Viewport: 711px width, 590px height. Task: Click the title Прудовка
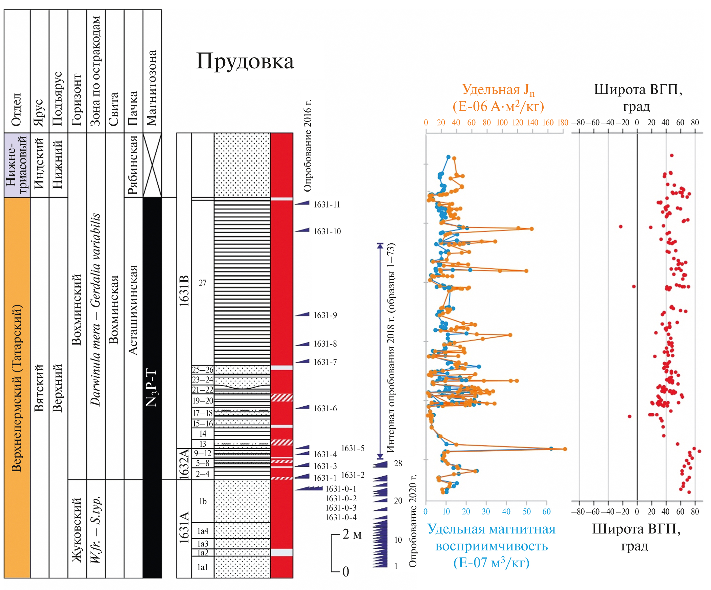point(245,61)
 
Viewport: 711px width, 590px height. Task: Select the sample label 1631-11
point(327,204)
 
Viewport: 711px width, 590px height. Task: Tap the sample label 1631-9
point(325,315)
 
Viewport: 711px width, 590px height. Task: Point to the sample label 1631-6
point(325,409)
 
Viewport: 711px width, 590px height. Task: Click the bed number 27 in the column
point(203,283)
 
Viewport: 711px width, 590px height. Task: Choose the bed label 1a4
point(203,531)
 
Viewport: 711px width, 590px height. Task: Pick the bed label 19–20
point(203,401)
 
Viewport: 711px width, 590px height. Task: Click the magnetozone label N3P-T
point(152,387)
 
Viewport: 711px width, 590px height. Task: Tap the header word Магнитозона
point(152,88)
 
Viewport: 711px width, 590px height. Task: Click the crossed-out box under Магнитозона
point(152,165)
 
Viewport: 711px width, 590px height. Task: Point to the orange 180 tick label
point(563,123)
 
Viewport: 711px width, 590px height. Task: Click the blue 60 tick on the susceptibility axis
point(546,511)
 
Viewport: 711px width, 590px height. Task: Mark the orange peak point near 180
point(565,449)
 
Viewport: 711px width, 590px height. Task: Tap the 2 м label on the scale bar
point(352,534)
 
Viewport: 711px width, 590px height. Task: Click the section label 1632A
point(184,464)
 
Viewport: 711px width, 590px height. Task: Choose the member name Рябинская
point(133,165)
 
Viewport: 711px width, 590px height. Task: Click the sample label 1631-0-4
point(341,518)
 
